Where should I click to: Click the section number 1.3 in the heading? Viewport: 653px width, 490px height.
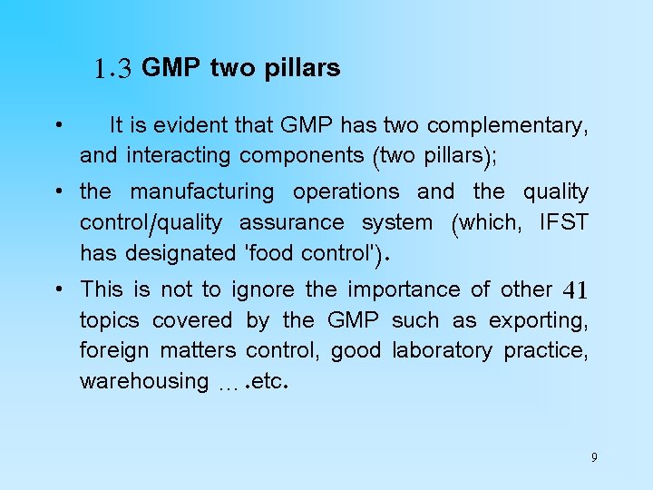pyautogui.click(x=113, y=68)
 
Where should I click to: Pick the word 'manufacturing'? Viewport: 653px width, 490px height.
pyautogui.click(x=202, y=191)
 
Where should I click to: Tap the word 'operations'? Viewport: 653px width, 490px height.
pyautogui.click(x=346, y=191)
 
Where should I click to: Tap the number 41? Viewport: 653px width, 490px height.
pyautogui.click(x=576, y=290)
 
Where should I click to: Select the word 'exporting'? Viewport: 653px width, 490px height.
pyautogui.click(x=541, y=320)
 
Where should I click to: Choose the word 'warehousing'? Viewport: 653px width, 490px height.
pyautogui.click(x=144, y=381)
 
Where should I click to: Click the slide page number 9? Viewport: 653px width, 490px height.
pyautogui.click(x=594, y=457)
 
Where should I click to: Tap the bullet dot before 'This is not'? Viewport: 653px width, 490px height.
pyautogui.click(x=57, y=289)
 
